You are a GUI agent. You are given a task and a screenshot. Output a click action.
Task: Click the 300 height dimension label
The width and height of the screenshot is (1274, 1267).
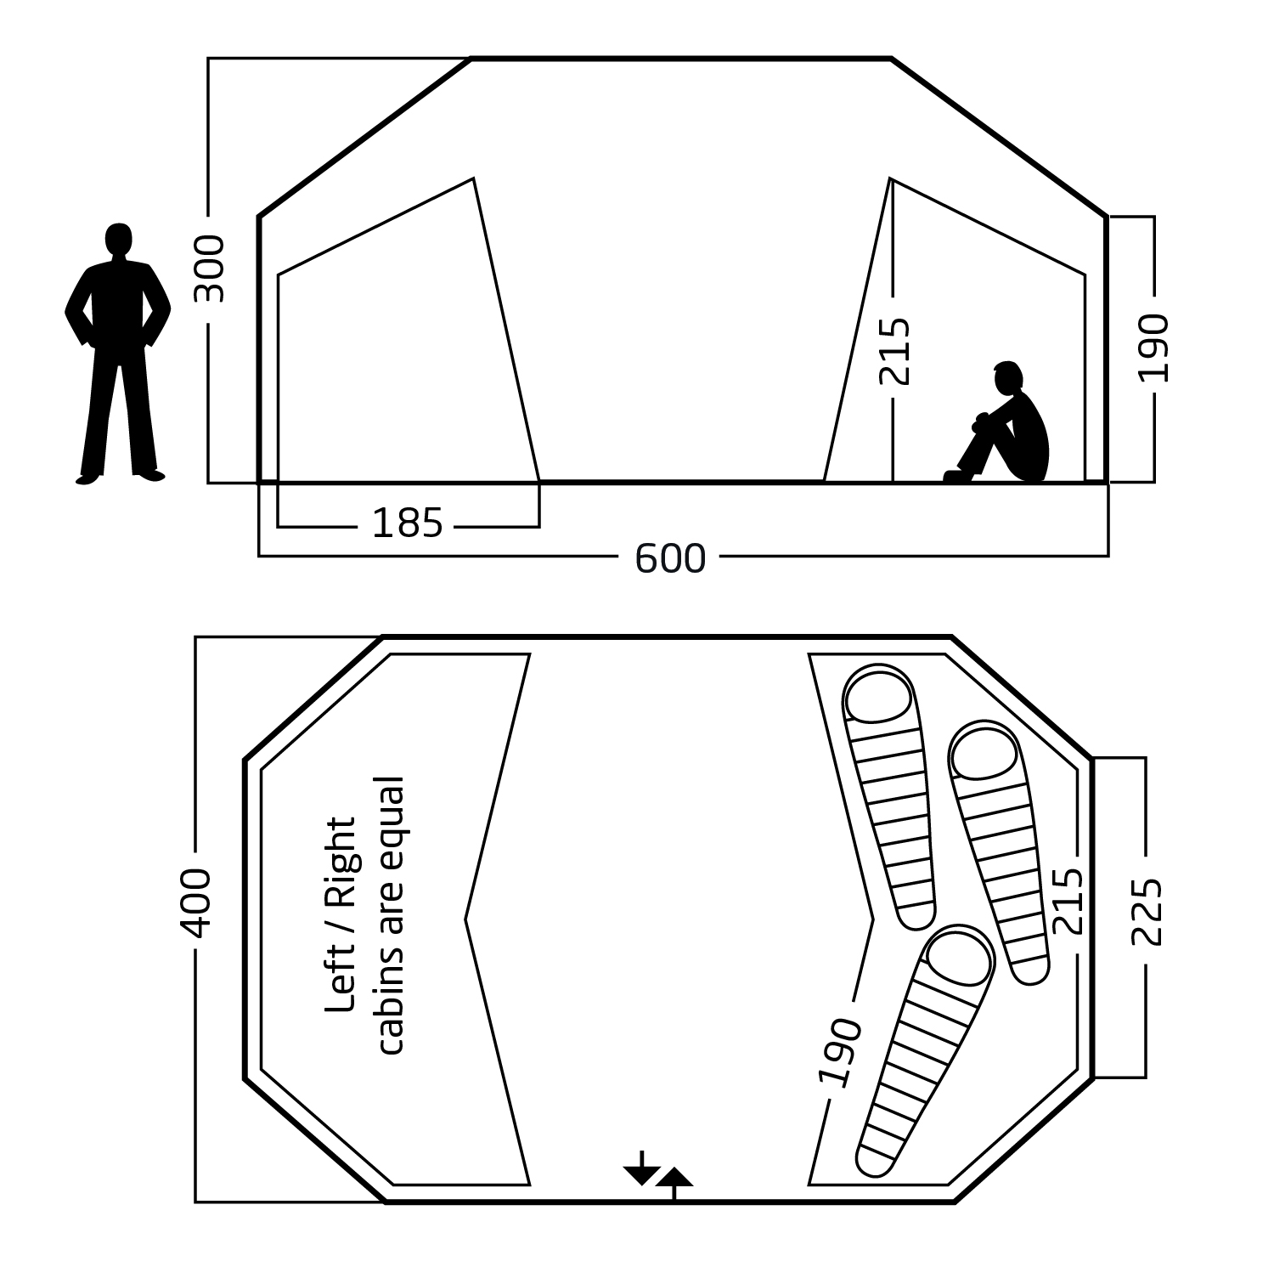click(210, 269)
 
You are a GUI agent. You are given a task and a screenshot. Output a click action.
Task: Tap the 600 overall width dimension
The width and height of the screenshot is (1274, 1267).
click(670, 558)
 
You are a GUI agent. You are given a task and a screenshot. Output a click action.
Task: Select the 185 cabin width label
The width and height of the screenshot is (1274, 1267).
click(408, 523)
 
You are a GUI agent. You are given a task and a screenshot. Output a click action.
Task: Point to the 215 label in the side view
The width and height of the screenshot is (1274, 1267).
click(894, 351)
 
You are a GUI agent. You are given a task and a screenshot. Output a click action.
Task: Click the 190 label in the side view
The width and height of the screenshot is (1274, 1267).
click(1153, 348)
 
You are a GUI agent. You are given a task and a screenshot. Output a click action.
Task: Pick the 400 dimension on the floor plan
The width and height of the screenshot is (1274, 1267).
click(197, 902)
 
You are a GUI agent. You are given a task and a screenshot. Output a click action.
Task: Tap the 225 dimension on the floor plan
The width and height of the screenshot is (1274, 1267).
click(1147, 911)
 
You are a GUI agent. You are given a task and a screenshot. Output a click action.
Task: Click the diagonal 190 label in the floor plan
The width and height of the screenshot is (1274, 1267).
click(840, 1052)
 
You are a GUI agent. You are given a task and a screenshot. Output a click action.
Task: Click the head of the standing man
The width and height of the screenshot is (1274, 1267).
click(119, 239)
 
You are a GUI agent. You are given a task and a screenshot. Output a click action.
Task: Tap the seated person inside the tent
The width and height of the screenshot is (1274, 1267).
click(1002, 422)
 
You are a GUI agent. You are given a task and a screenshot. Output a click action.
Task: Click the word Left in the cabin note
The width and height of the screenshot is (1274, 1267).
click(341, 985)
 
